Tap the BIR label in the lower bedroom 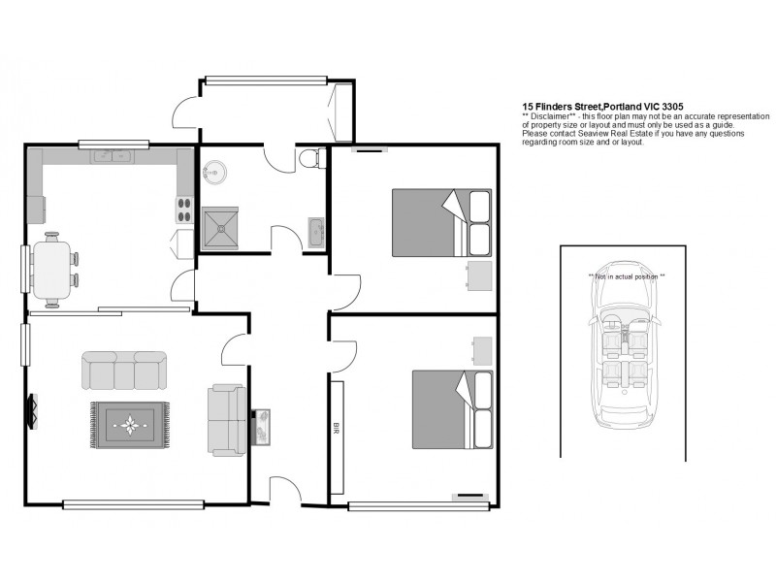pos(337,427)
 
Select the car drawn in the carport pos(623,344)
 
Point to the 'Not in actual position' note pos(627,276)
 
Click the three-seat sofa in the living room pos(123,370)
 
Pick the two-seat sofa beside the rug pos(227,420)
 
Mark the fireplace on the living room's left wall pos(31,410)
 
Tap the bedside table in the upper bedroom pos(479,275)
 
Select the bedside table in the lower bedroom pos(482,350)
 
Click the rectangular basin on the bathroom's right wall pos(316,232)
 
